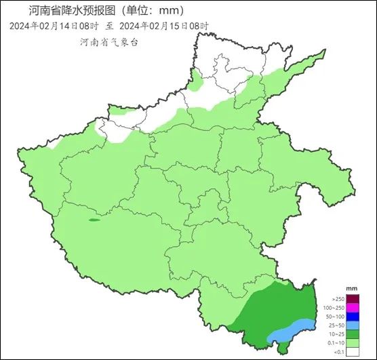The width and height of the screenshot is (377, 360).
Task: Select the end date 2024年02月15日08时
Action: click(x=163, y=26)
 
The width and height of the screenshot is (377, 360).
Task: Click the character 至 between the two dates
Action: click(x=109, y=26)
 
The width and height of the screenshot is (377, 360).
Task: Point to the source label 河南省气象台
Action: click(x=108, y=41)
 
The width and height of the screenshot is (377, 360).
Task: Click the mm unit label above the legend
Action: click(x=351, y=289)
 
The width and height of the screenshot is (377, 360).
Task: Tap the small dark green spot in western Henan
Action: click(x=94, y=220)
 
